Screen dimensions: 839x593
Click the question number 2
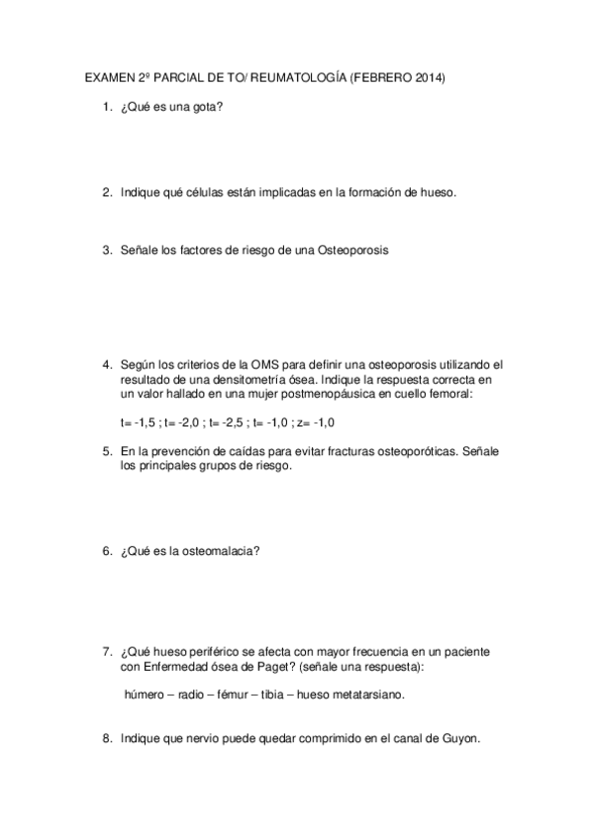[106, 193]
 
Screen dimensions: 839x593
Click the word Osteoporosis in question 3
[352, 250]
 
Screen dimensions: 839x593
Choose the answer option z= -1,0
[318, 422]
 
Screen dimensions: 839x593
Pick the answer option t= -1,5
[139, 422]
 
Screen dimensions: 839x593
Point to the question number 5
[106, 451]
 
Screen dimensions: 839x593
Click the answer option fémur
[231, 695]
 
